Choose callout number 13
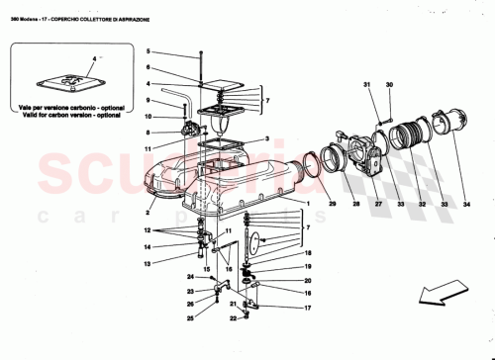pos(146,265)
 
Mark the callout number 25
pos(190,319)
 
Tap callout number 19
pos(307,267)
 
